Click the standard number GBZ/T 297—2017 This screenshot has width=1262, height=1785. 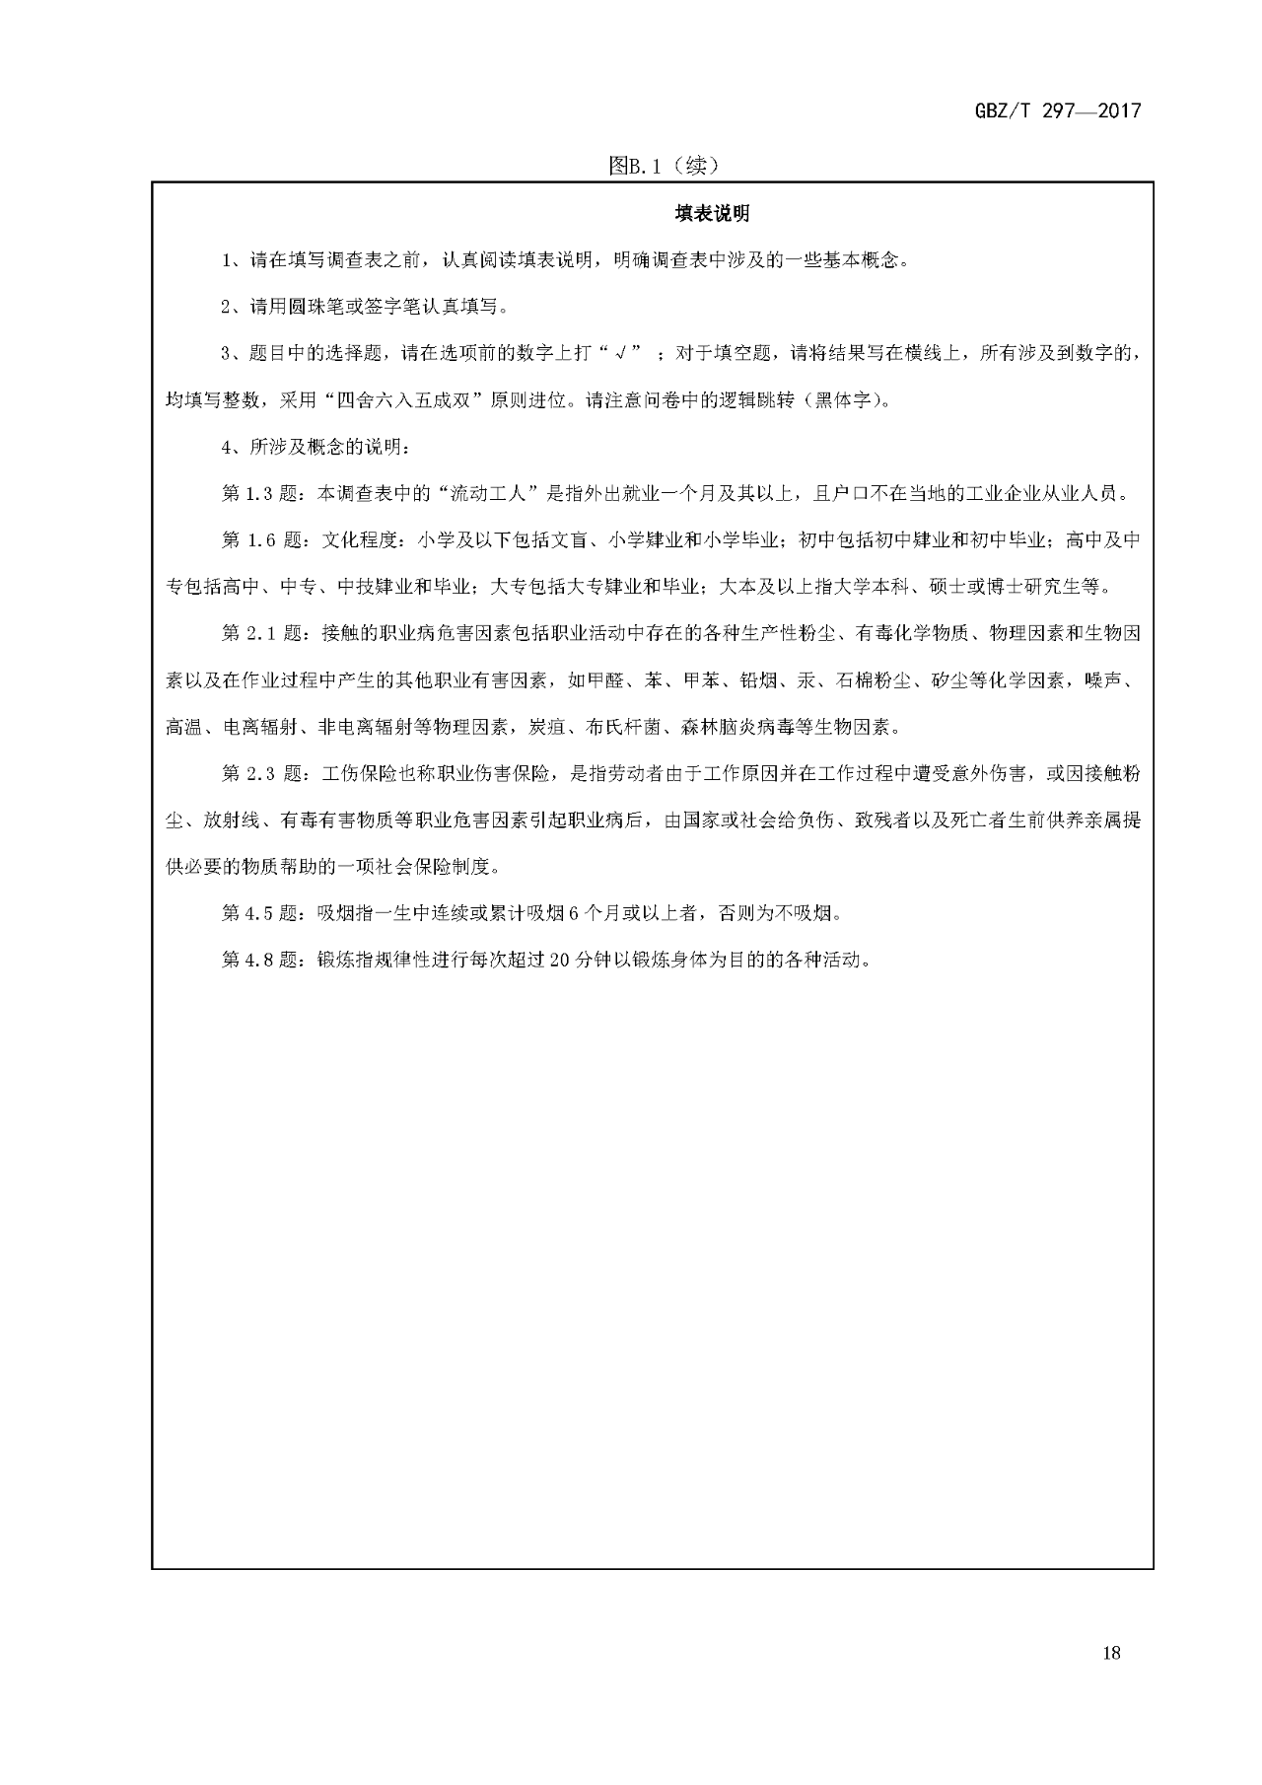tap(1057, 110)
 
